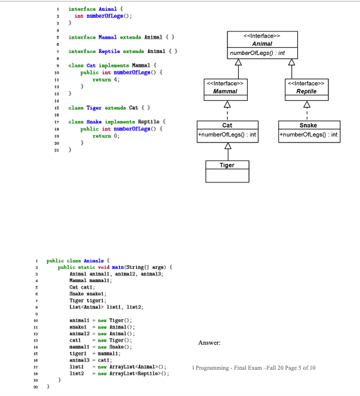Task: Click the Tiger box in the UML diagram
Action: click(x=227, y=171)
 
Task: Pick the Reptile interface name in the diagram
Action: click(x=306, y=91)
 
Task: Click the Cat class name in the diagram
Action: click(x=227, y=126)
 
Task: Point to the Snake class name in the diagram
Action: click(x=308, y=126)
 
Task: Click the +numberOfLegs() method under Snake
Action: click(x=308, y=135)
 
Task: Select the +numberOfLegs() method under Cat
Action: click(x=227, y=135)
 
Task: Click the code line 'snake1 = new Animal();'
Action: click(x=104, y=327)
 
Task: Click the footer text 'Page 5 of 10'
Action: click(x=296, y=368)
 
